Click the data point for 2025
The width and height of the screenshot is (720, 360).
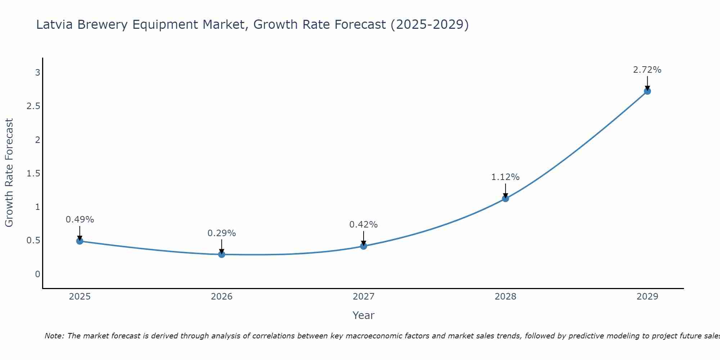[80, 241]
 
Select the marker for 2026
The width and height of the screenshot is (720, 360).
[222, 254]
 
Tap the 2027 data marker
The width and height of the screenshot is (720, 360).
[364, 246]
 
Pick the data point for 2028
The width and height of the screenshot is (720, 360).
[505, 198]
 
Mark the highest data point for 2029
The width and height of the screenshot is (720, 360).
[647, 91]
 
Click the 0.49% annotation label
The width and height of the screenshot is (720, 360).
[80, 219]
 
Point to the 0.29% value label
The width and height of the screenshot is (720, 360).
[222, 233]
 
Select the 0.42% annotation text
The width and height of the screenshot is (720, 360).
[364, 224]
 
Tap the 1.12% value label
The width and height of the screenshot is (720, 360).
[505, 177]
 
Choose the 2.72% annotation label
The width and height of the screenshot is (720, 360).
[647, 69]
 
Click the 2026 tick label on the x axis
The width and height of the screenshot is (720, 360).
[222, 296]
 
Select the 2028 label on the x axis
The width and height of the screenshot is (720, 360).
[505, 296]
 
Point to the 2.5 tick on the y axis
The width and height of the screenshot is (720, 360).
[33, 106]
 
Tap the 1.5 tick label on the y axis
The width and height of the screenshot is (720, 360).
[33, 173]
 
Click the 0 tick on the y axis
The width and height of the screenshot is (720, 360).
[37, 274]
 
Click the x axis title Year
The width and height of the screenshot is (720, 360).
[364, 315]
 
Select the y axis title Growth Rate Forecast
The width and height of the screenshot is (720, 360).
[9, 172]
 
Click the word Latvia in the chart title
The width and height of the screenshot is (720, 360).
[54, 24]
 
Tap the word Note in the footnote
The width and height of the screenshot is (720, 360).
[54, 336]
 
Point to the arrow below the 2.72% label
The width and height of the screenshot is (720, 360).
[647, 83]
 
